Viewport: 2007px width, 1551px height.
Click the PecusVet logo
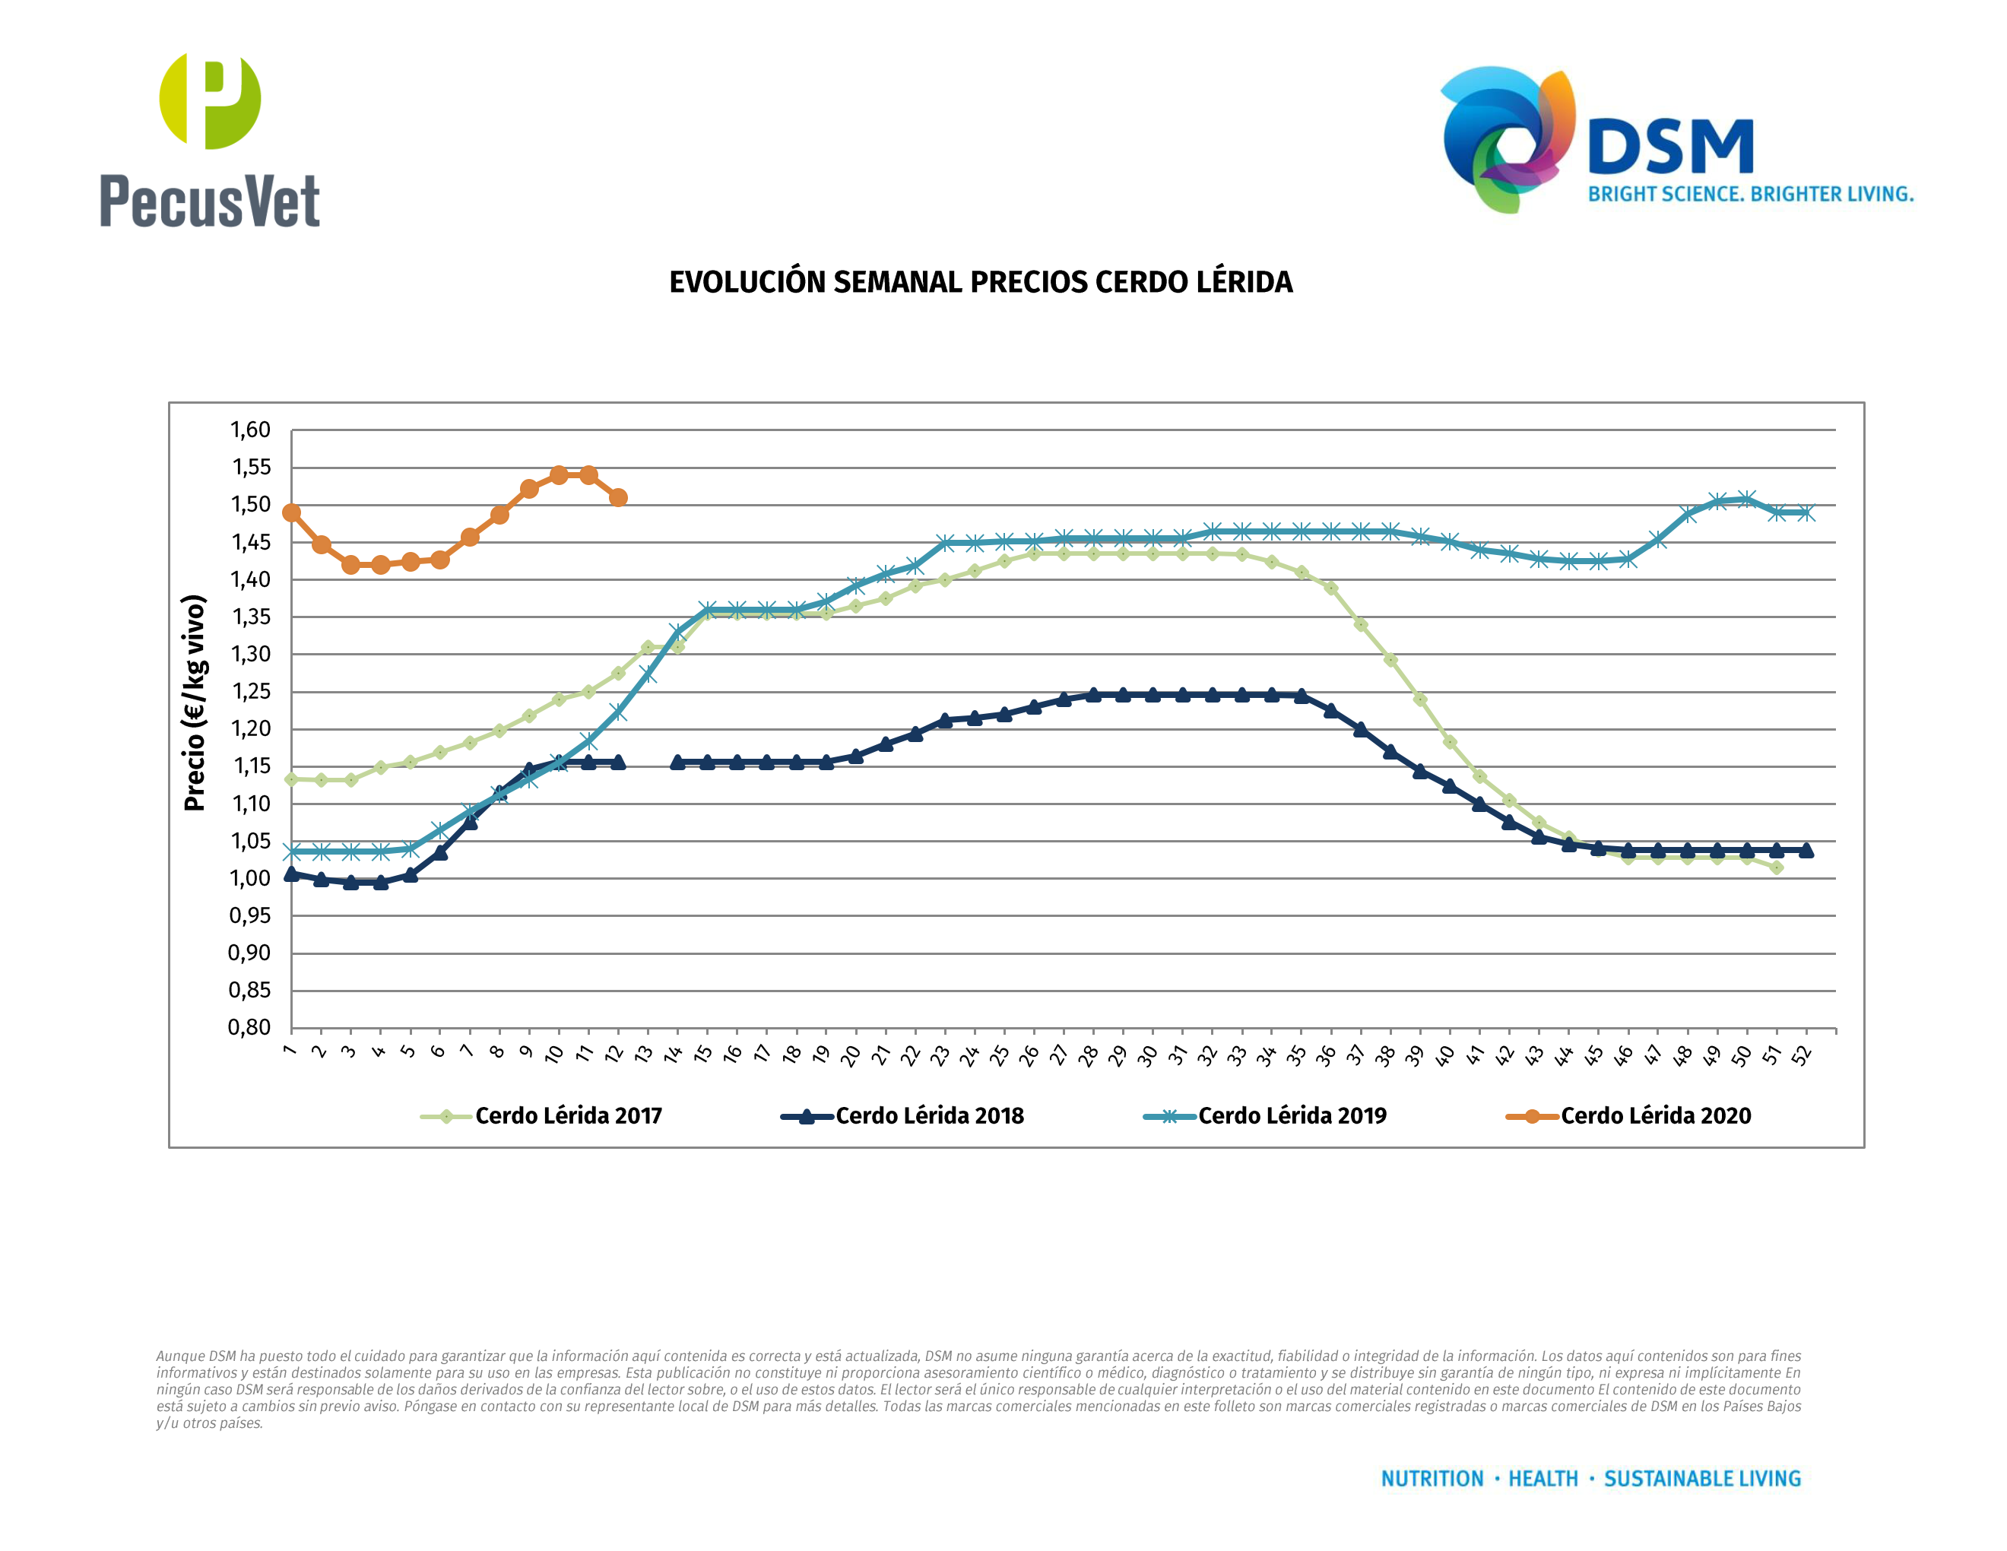pyautogui.click(x=210, y=140)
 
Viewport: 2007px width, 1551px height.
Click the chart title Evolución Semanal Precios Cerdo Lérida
pyautogui.click(x=981, y=282)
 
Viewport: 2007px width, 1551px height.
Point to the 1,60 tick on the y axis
pyautogui.click(x=250, y=430)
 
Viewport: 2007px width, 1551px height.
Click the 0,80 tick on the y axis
pyautogui.click(x=250, y=1028)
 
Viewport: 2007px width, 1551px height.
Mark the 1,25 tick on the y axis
pyautogui.click(x=250, y=692)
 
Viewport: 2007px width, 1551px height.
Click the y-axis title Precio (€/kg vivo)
pyautogui.click(x=195, y=703)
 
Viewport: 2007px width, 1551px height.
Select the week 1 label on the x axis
pyautogui.click(x=290, y=1050)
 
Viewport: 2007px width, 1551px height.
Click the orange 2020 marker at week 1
pyautogui.click(x=291, y=512)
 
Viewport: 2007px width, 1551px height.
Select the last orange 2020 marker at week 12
pyautogui.click(x=619, y=498)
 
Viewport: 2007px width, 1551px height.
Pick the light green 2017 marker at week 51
pyautogui.click(x=1777, y=867)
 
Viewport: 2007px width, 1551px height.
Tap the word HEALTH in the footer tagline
pyautogui.click(x=1543, y=1480)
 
